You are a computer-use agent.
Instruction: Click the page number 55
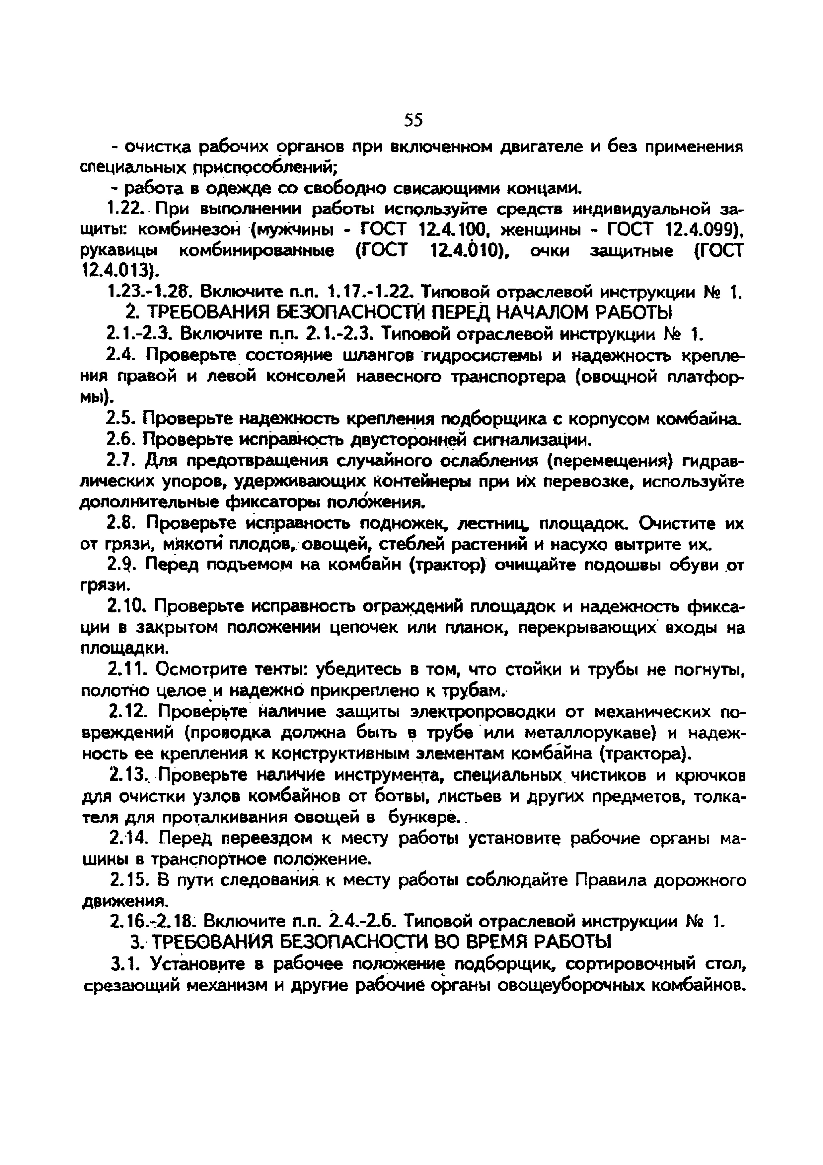413,120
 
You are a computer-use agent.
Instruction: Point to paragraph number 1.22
127,209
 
